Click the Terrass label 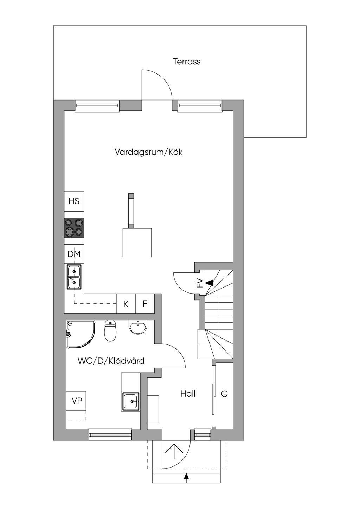click(x=187, y=62)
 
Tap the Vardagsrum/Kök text click(x=148, y=152)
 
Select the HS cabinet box click(x=74, y=201)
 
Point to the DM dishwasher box click(x=74, y=254)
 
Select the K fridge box click(x=126, y=304)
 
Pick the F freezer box click(x=145, y=304)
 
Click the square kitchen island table click(x=137, y=243)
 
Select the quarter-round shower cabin click(x=80, y=334)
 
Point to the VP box click(x=77, y=400)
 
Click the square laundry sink click(x=131, y=401)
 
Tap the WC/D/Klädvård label click(x=111, y=361)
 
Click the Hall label click(x=188, y=394)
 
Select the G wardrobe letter click(x=224, y=394)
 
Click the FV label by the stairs click(x=200, y=283)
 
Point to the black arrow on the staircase click(x=210, y=282)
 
